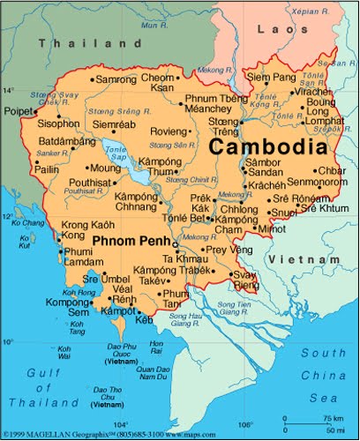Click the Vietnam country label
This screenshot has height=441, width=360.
pyautogui.click(x=303, y=259)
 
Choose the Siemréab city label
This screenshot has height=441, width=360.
pyautogui.click(x=113, y=124)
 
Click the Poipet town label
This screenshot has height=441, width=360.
pyautogui.click(x=17, y=112)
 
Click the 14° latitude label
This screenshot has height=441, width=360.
pyautogui.click(x=9, y=90)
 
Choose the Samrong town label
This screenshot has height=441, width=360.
pyautogui.click(x=116, y=79)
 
